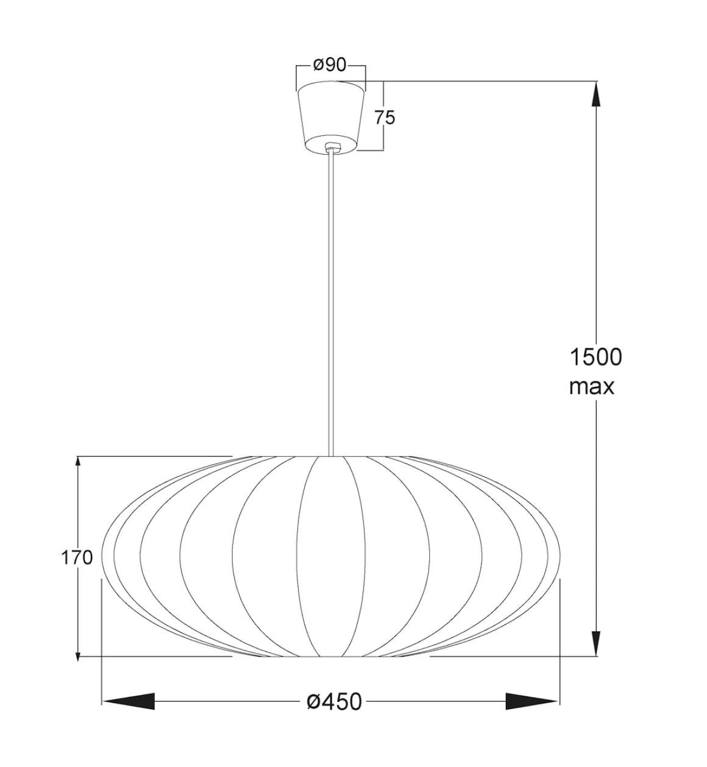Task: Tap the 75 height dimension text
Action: [385, 117]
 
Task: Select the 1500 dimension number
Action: [595, 357]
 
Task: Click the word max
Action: [592, 386]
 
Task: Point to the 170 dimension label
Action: [76, 557]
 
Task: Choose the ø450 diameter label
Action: [333, 702]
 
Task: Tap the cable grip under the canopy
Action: [331, 147]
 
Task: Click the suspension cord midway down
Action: [331, 305]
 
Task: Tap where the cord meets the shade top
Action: [331, 456]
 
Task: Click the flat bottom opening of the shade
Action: [330, 657]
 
